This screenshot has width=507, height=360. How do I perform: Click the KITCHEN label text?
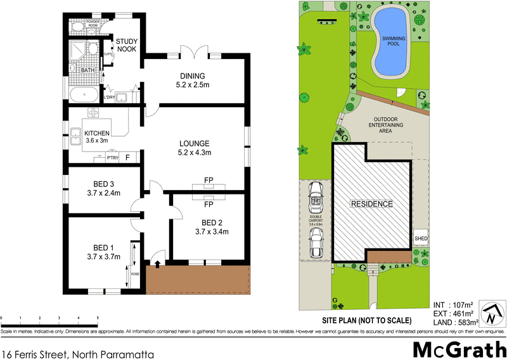[x=98, y=132]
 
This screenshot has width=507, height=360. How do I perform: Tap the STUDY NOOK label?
[x=127, y=46]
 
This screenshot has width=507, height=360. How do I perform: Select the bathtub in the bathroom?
[x=84, y=96]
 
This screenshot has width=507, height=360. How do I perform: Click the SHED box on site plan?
[x=421, y=239]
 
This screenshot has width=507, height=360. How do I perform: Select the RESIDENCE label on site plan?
[x=372, y=204]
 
